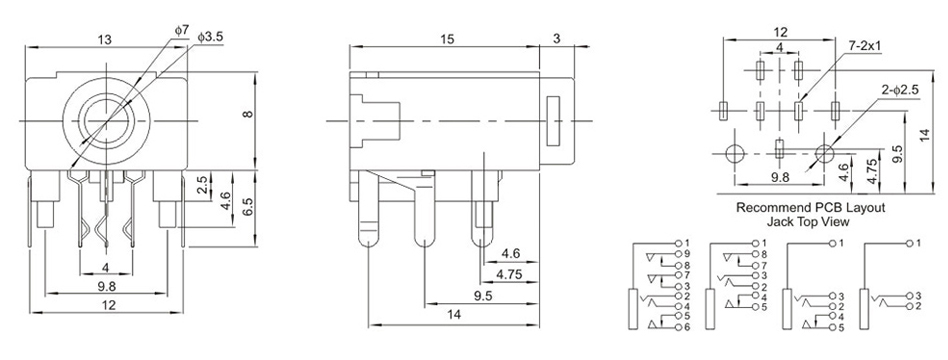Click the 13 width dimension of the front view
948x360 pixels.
[x=105, y=39]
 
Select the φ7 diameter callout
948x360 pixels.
[x=182, y=29]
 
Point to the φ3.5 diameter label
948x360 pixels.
[x=210, y=37]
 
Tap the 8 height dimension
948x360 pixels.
[x=248, y=113]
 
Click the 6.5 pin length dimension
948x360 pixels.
[x=248, y=209]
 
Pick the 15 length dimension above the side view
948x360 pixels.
[x=447, y=39]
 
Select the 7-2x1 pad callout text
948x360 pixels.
[x=865, y=46]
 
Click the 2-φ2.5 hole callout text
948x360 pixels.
[x=900, y=89]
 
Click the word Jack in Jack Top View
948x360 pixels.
[x=779, y=222]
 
